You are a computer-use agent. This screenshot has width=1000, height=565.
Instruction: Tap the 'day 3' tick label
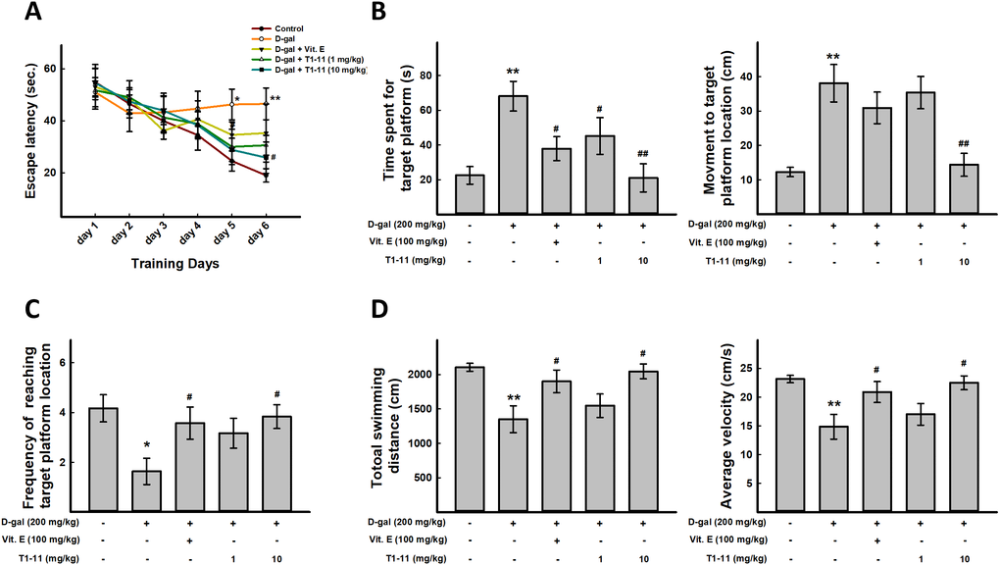click(156, 237)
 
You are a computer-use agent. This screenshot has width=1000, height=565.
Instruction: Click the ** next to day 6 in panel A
click(275, 99)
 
